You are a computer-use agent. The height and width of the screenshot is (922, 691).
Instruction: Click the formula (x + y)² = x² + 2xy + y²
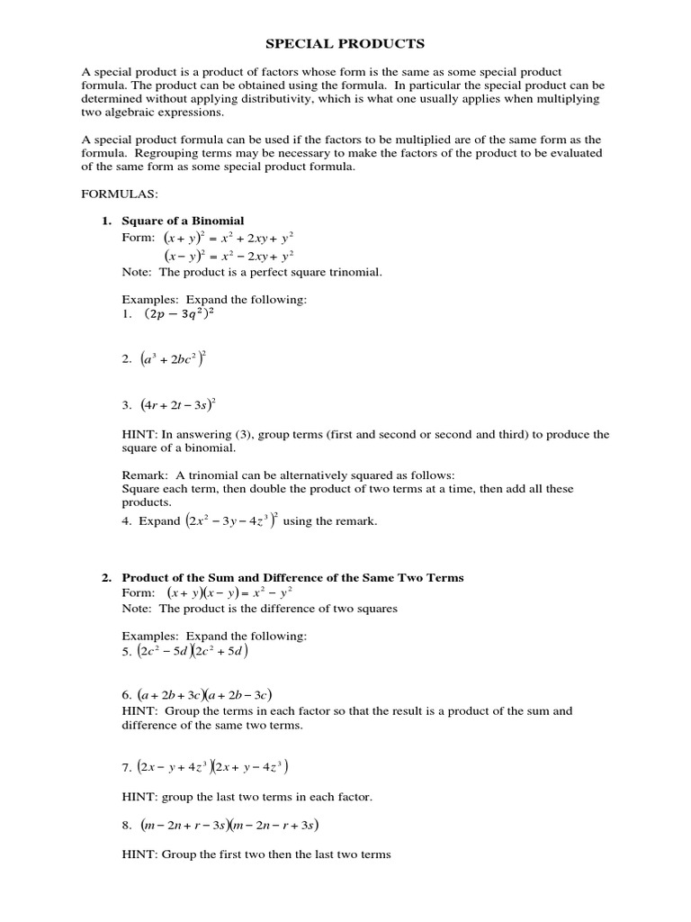click(229, 239)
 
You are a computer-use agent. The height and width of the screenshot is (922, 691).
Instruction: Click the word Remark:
click(145, 475)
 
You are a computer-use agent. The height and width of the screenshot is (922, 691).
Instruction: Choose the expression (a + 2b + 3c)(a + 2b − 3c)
click(204, 695)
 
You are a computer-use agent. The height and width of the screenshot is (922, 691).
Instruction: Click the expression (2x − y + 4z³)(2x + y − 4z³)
click(212, 767)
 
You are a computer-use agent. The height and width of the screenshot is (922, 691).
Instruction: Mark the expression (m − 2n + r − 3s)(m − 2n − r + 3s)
click(229, 825)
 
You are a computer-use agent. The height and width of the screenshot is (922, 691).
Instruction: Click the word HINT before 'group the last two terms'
click(139, 796)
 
